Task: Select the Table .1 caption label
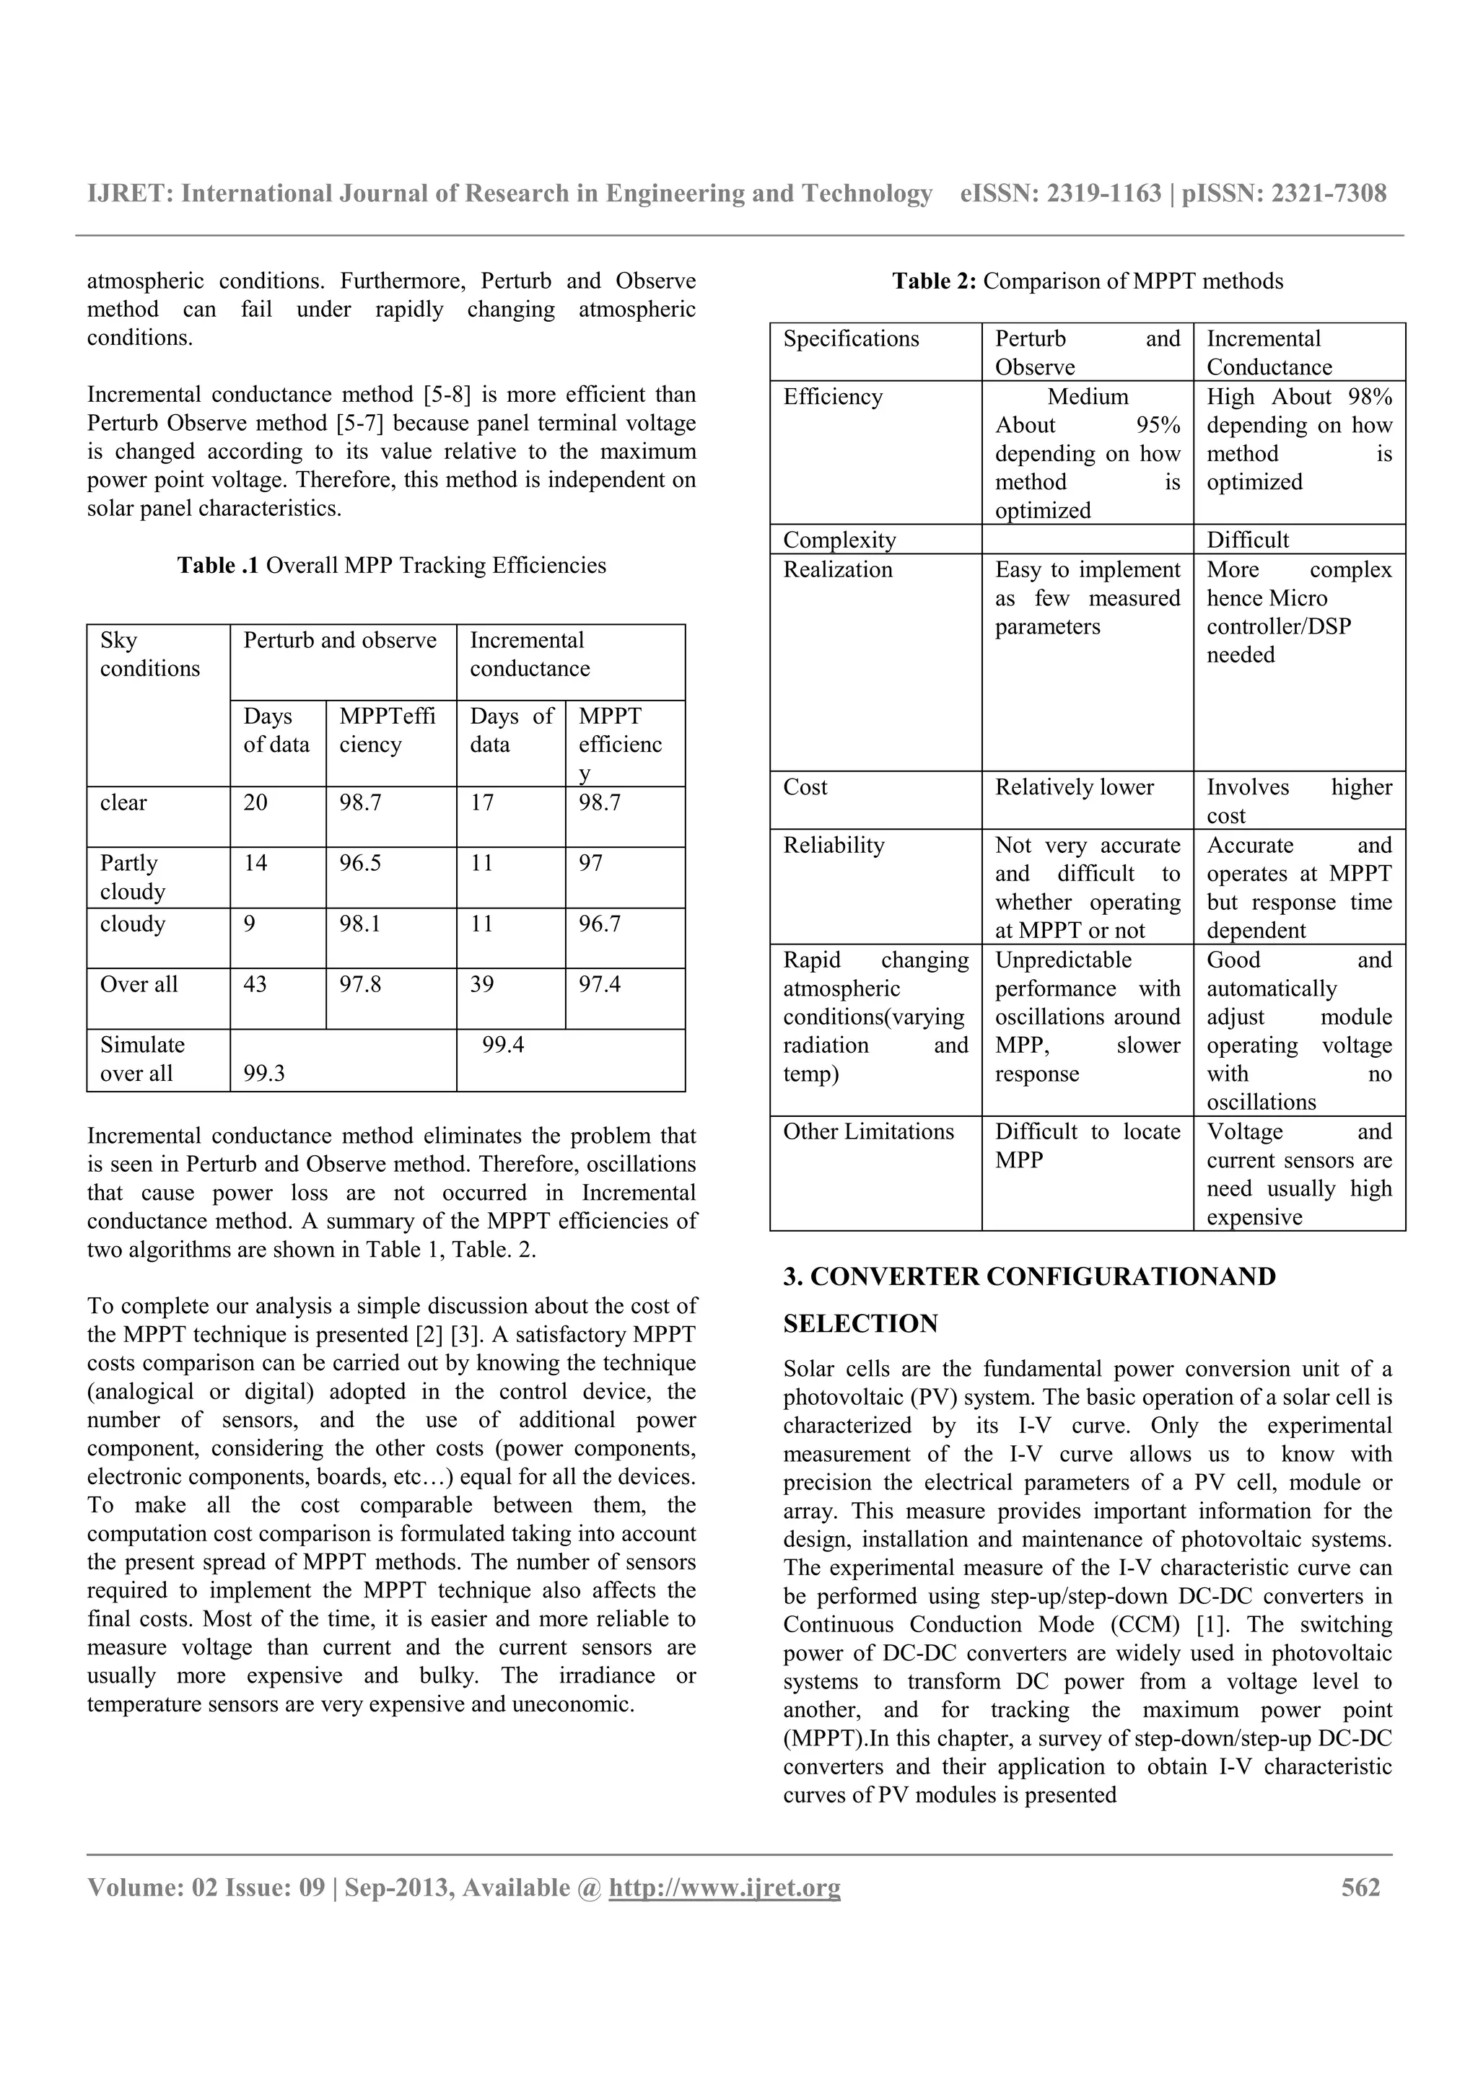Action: pos(218,566)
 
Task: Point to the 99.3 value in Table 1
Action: pos(263,1073)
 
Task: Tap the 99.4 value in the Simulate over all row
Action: pos(503,1045)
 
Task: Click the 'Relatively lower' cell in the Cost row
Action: pos(1074,787)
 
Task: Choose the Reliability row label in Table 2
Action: pos(834,845)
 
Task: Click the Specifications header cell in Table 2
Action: pos(851,339)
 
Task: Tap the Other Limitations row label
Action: pos(868,1131)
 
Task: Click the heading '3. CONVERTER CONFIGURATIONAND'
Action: pos(1029,1277)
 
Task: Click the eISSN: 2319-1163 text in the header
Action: pos(1060,194)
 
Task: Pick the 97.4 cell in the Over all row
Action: pos(599,983)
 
